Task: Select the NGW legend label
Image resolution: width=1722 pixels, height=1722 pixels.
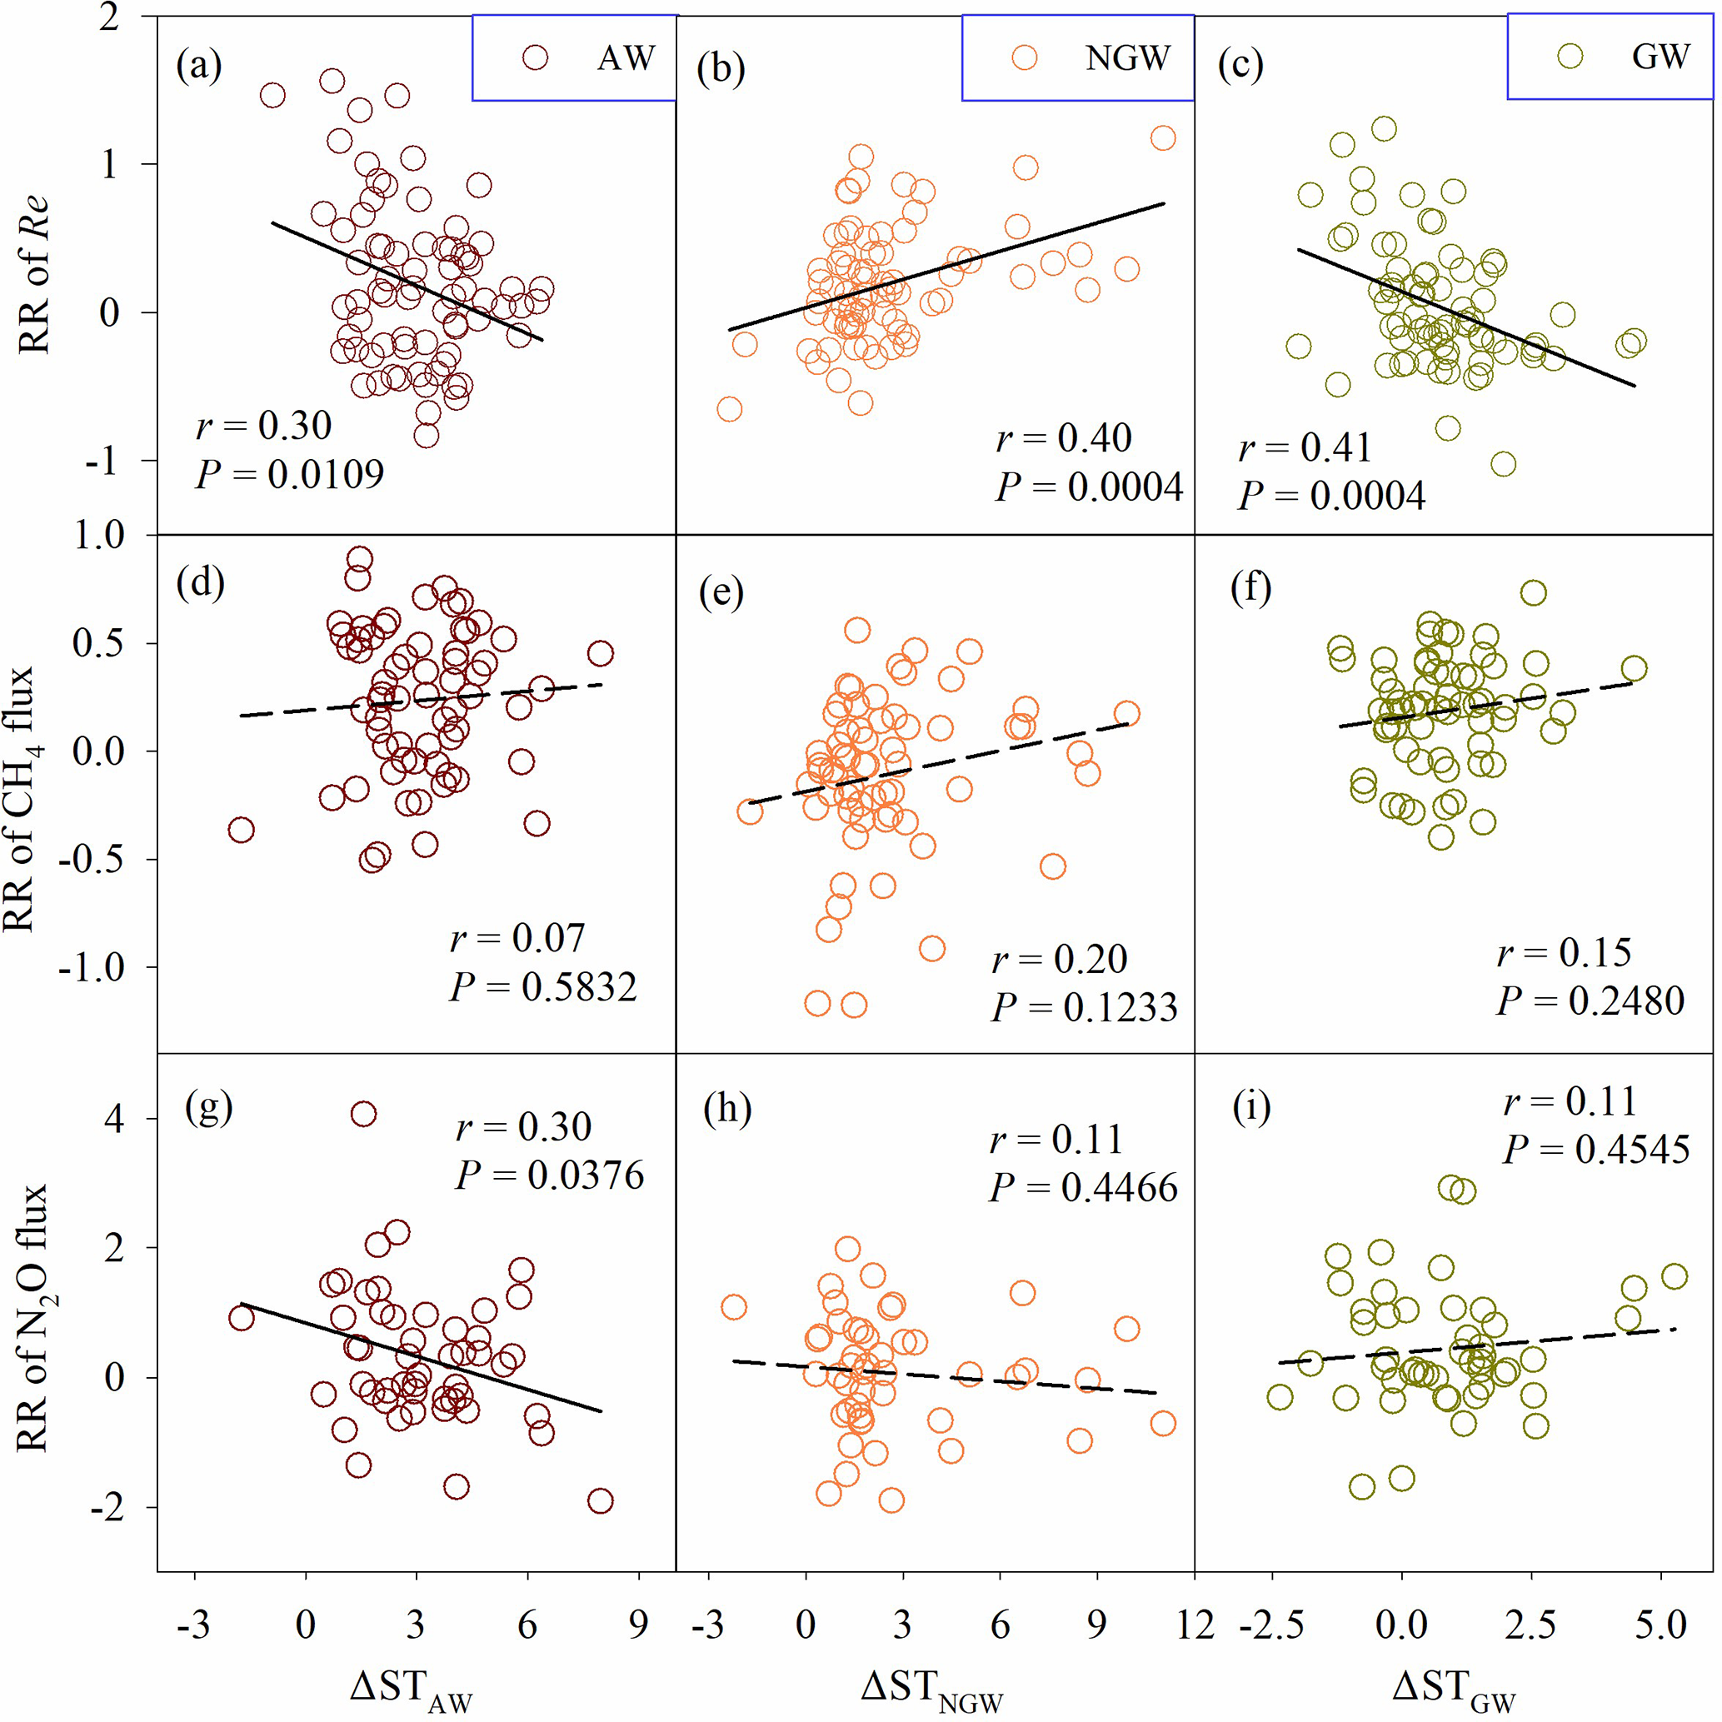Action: pyautogui.click(x=1127, y=58)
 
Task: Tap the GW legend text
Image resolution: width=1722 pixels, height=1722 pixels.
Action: pyautogui.click(x=1660, y=56)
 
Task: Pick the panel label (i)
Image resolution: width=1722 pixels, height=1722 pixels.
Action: pyautogui.click(x=1251, y=1107)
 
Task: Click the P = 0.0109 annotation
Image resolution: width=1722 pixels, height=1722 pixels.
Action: pyautogui.click(x=290, y=473)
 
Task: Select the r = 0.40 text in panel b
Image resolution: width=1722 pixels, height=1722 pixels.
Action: pyautogui.click(x=1063, y=437)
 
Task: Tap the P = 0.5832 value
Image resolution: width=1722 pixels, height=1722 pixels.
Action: pyautogui.click(x=544, y=986)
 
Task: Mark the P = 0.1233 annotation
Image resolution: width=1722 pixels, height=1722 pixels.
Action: pyautogui.click(x=1085, y=1007)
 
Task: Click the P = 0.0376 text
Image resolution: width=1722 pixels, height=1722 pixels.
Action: pyautogui.click(x=550, y=1175)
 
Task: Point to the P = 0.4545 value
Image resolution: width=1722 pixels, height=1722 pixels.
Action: pyautogui.click(x=1596, y=1149)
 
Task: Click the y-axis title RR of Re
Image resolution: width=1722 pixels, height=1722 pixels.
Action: pyautogui.click(x=34, y=275)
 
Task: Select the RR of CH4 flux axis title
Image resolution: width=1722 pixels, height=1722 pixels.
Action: pyautogui.click(x=20, y=799)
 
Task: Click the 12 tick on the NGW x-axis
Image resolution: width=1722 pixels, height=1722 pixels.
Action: pyautogui.click(x=1195, y=1624)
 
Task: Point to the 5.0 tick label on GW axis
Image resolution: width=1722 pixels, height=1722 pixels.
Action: pyautogui.click(x=1660, y=1624)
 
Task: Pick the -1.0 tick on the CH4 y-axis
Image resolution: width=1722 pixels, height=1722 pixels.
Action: pyautogui.click(x=92, y=967)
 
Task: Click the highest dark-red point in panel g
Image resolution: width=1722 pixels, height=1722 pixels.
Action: pyautogui.click(x=362, y=1113)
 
